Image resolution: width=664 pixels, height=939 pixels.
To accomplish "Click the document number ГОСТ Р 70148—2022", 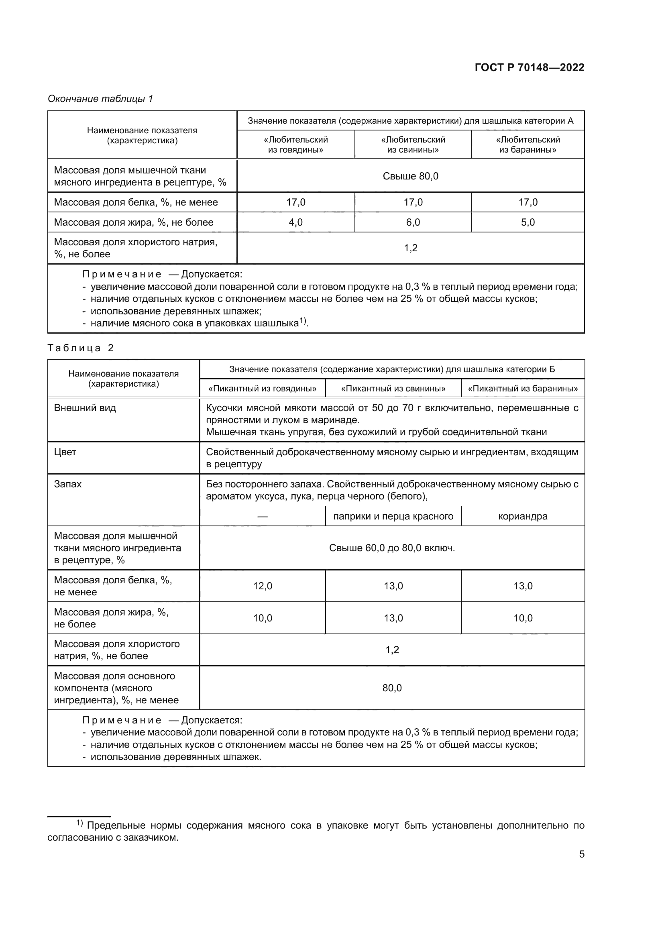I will coord(529,67).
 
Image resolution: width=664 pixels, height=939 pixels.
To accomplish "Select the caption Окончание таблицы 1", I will coord(100,99).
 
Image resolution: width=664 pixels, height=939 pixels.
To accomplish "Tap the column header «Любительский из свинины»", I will coord(413,145).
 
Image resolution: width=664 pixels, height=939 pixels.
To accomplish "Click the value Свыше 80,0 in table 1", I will coord(410,176).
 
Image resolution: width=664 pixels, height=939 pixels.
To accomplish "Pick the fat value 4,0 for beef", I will coord(295,222).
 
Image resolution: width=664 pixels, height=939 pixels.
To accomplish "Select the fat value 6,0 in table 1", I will coord(413,222).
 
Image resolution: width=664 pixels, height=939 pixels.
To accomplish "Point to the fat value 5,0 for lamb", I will coord(528,222).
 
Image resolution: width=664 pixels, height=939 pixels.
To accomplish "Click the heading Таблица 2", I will coord(80,348).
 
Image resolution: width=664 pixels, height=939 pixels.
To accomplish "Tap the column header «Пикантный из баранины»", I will coord(523,389).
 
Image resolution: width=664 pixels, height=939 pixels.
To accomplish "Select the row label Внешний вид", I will coord(85,408).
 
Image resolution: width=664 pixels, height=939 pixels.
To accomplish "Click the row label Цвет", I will coord(65,452).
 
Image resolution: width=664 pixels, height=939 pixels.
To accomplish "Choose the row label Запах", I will coord(68,484).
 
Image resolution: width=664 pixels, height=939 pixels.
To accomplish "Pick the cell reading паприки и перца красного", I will coord(393,517).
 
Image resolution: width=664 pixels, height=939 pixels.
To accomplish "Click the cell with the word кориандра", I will coord(523,517).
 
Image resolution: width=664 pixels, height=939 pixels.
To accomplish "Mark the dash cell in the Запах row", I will coord(262,517).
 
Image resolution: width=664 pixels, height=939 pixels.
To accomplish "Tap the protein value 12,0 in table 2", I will coord(262,586).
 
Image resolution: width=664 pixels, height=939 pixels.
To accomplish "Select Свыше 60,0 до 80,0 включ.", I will coord(392,548).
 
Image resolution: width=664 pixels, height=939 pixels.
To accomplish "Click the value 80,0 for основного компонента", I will coord(392,688).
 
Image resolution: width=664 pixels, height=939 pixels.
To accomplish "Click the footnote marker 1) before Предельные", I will coord(79,823).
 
